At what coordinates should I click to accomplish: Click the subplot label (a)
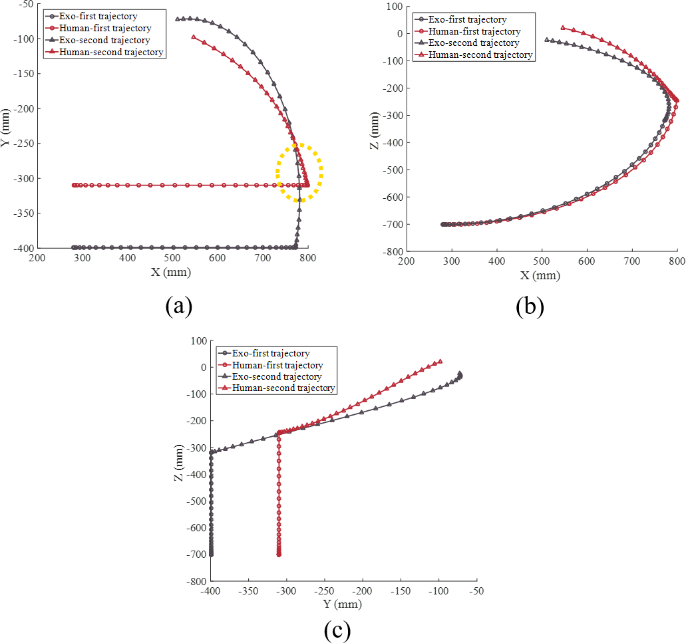click(x=178, y=306)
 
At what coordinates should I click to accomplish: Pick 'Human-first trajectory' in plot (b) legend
click(x=474, y=32)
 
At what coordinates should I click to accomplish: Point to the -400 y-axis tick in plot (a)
click(x=25, y=248)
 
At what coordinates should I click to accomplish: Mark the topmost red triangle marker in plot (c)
click(x=440, y=362)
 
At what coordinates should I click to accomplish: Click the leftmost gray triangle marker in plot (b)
click(x=547, y=40)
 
